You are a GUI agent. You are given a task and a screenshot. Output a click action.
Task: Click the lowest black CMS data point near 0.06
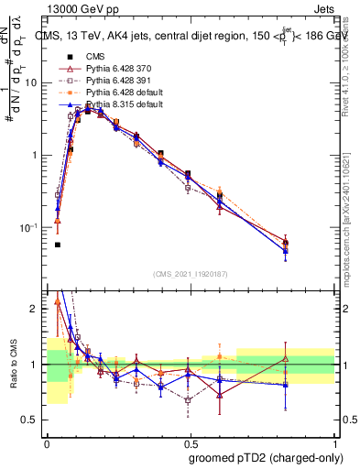[x=58, y=245]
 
